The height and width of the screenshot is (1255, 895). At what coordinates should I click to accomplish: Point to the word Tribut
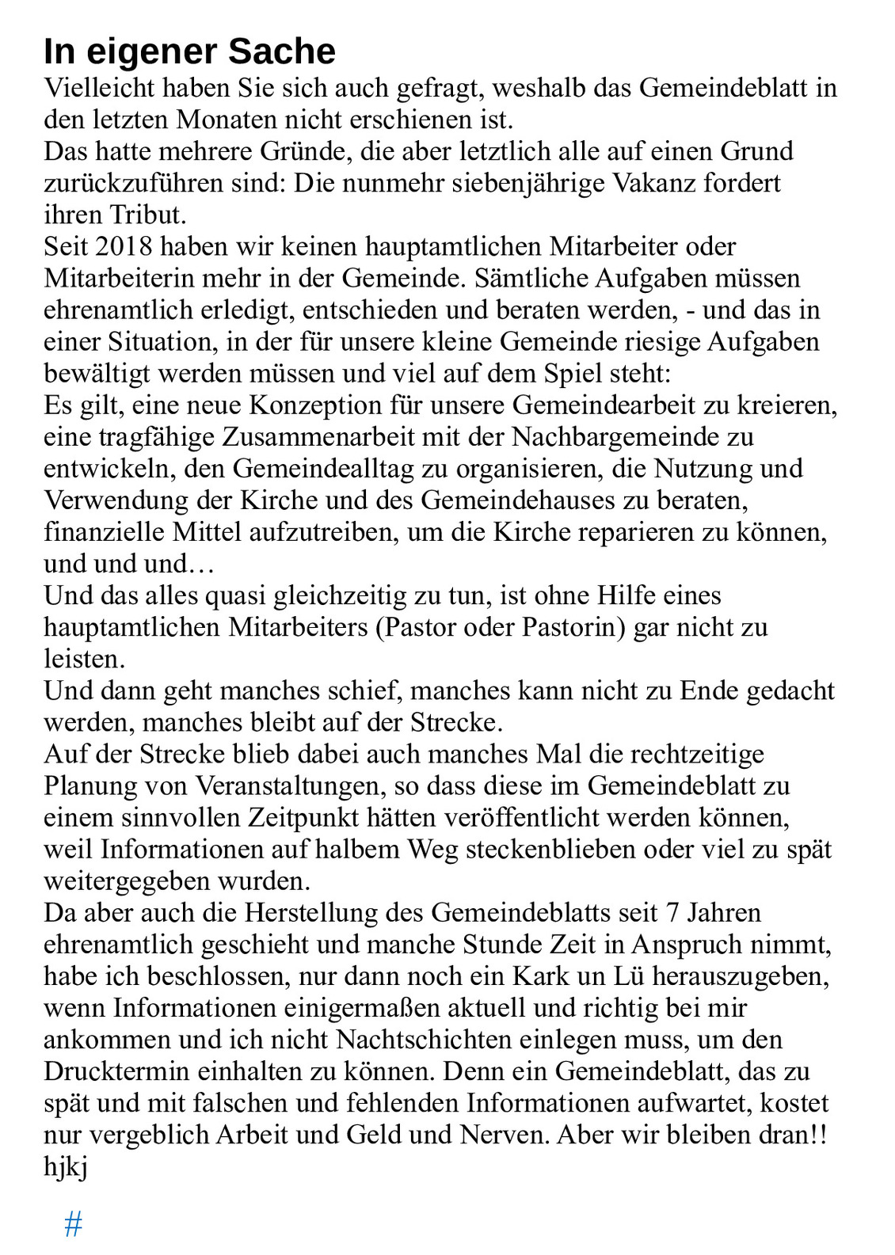[148, 215]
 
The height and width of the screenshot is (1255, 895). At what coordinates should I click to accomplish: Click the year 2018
[124, 246]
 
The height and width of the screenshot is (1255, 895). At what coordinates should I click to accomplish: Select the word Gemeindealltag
[323, 468]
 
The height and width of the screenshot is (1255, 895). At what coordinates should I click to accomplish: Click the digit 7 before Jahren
[672, 912]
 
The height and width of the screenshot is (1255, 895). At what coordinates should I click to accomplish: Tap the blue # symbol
[74, 1224]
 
